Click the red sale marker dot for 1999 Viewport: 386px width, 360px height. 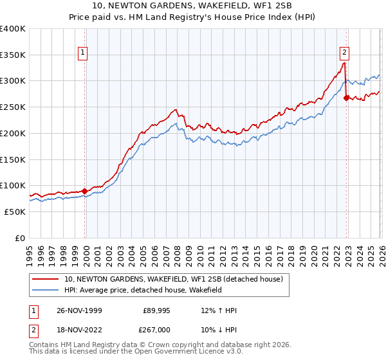point(85,191)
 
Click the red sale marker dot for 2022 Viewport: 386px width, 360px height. point(346,98)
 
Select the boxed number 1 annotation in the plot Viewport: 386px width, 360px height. point(84,53)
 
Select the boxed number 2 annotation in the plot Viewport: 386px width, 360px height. point(345,53)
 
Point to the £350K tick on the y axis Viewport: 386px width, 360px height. point(13,55)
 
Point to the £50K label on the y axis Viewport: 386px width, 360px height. point(15,212)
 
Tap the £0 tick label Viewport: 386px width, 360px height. point(20,238)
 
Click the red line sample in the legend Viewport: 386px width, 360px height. point(46,279)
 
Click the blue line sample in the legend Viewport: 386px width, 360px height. point(46,291)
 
